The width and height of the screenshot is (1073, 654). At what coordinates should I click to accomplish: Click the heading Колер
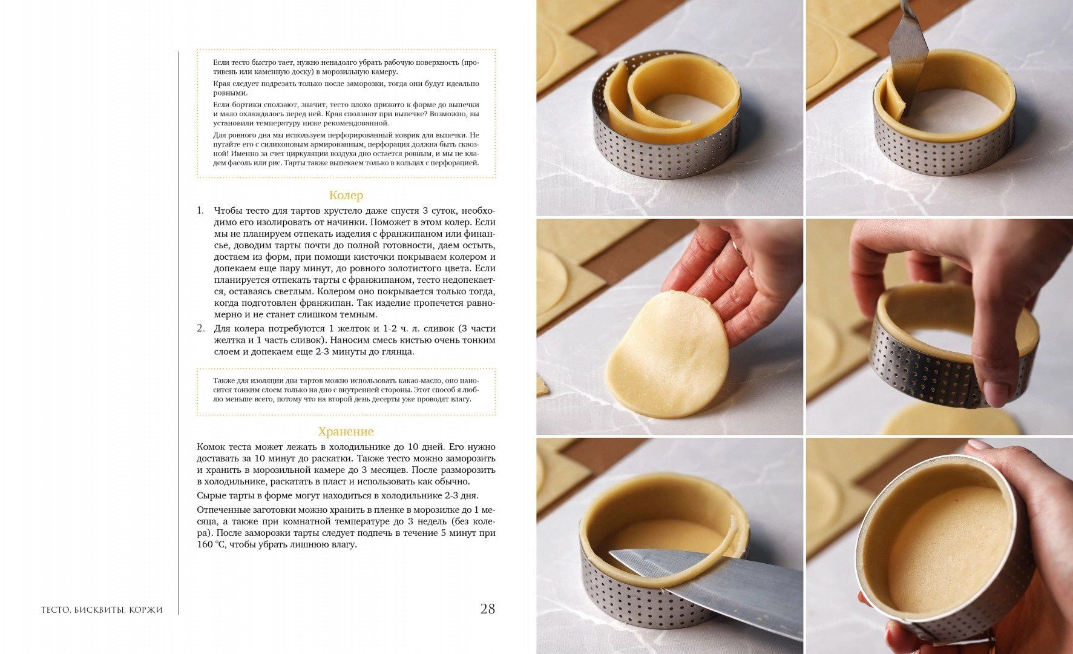click(346, 195)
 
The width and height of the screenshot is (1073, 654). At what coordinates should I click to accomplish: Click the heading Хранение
click(346, 431)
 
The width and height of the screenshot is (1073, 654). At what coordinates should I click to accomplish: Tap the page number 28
click(487, 609)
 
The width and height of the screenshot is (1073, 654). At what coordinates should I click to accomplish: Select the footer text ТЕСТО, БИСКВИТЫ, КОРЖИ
click(102, 610)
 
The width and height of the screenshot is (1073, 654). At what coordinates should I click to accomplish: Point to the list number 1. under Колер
click(200, 211)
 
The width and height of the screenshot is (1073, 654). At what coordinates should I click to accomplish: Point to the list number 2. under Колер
click(200, 328)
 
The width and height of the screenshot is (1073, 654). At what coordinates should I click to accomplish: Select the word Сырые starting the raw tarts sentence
click(211, 495)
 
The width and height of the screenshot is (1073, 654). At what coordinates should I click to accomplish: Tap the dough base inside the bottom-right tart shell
click(947, 551)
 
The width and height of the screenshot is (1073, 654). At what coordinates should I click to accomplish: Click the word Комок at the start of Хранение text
click(211, 447)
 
